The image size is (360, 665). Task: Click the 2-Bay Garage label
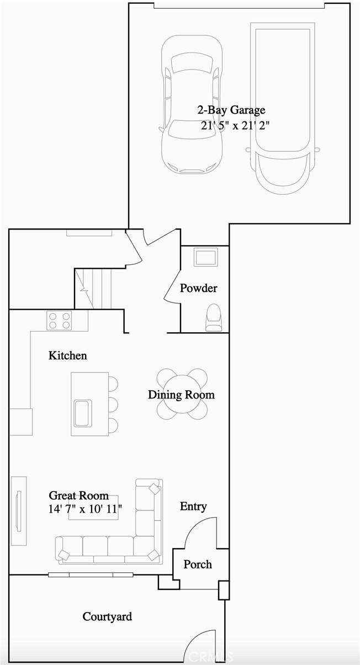[231, 110]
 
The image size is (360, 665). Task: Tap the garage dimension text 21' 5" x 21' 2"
[235, 125]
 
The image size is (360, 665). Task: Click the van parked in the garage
[282, 108]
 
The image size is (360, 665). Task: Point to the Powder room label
[198, 288]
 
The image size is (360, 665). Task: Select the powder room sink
[205, 257]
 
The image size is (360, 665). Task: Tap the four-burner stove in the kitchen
[59, 321]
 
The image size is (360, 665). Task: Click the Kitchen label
[67, 355]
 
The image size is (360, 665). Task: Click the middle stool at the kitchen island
[113, 404]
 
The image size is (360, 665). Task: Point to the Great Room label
[78, 495]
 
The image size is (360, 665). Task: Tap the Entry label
[193, 506]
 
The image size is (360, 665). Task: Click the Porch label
[198, 565]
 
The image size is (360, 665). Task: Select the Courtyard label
[107, 616]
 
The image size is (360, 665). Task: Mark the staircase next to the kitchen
[93, 289]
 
